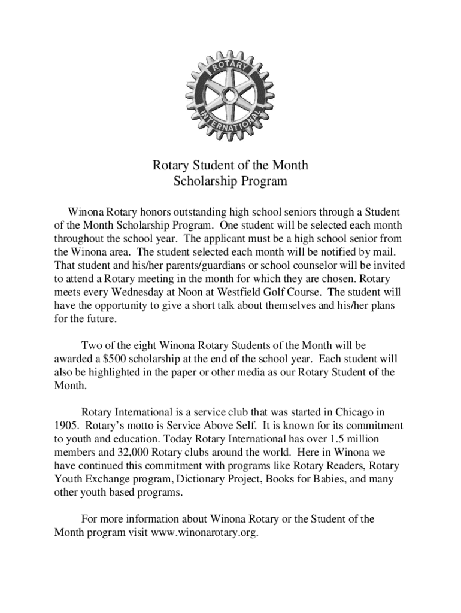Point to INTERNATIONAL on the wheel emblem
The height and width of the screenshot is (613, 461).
230,123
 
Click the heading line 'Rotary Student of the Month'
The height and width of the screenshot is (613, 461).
230,165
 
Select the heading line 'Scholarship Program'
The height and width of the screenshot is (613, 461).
230,180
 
